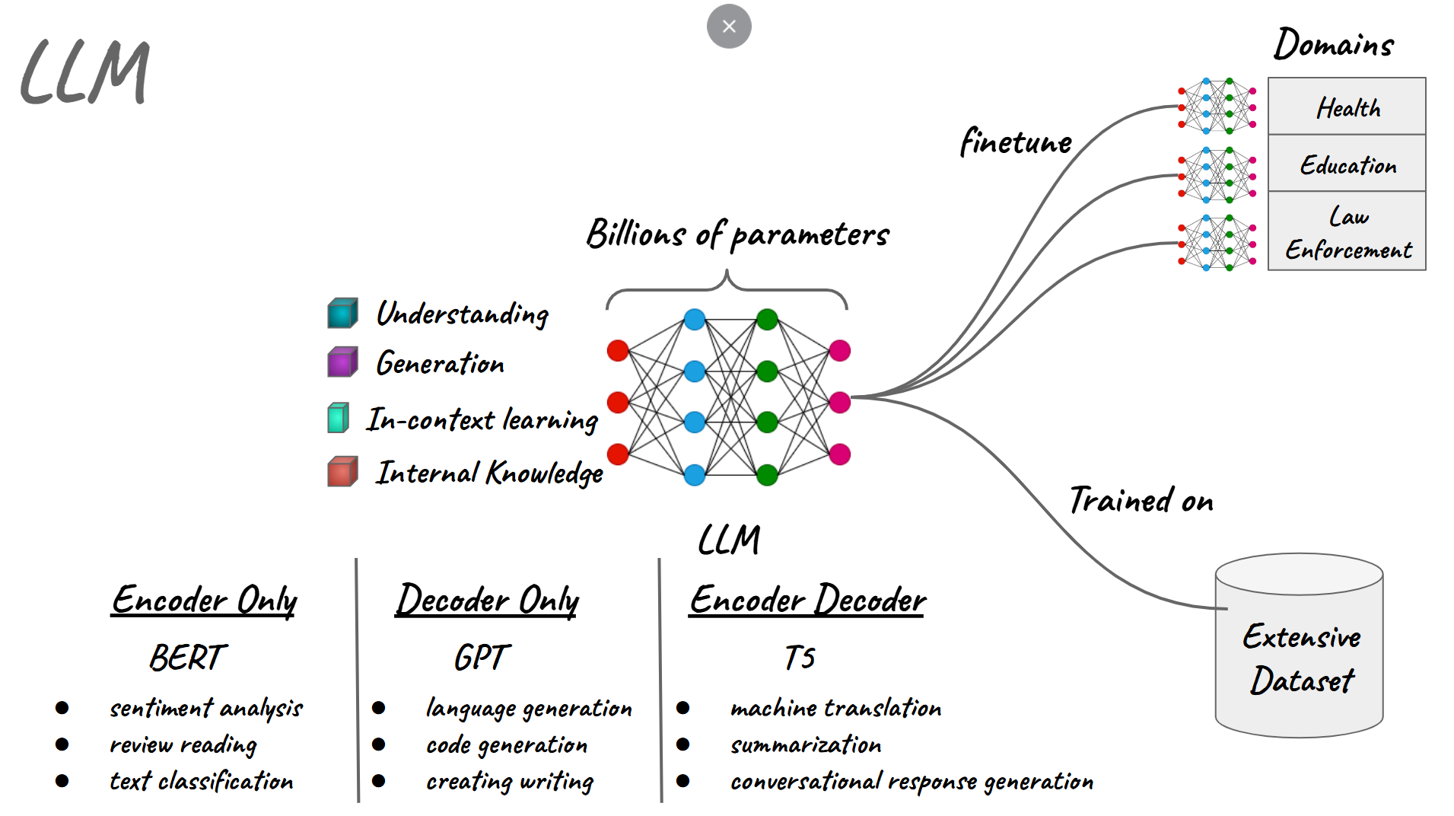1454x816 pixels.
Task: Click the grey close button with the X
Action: point(728,27)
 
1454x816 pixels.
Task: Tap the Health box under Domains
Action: point(1346,107)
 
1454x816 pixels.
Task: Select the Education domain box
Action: point(1346,164)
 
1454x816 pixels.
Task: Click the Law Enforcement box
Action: point(1346,231)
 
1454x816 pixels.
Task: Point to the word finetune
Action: point(1015,142)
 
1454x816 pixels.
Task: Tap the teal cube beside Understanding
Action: point(342,313)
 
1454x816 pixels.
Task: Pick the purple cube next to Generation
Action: point(342,362)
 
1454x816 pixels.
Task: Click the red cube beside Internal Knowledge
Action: point(342,472)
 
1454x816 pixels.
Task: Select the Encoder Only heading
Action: point(204,600)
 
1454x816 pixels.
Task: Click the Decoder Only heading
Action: point(487,600)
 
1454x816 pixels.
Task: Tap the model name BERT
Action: point(187,658)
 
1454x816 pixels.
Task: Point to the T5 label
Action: point(800,658)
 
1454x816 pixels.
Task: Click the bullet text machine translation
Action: point(835,709)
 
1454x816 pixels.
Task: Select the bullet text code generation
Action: point(507,745)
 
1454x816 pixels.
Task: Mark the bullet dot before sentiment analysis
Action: point(62,708)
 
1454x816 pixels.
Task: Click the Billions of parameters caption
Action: point(737,234)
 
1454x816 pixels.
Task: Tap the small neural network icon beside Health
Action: point(1217,107)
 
